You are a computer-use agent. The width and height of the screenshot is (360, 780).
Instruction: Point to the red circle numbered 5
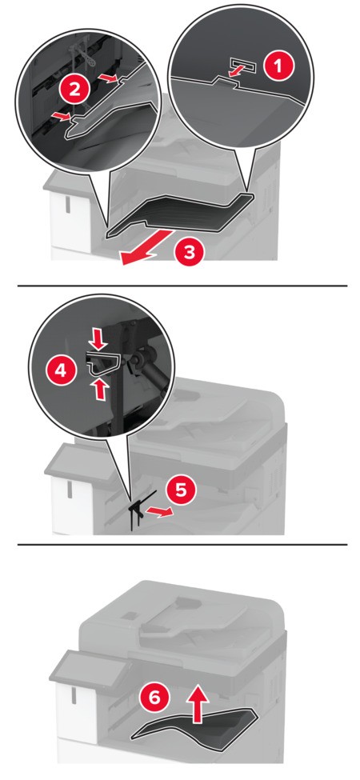(182, 489)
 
